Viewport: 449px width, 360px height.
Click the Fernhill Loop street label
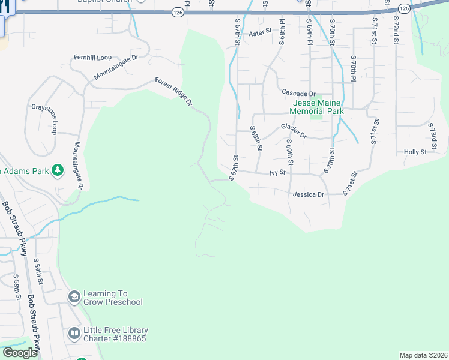(x=93, y=58)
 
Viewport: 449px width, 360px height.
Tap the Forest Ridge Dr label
(x=173, y=91)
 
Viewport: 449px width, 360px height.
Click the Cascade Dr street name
(x=298, y=94)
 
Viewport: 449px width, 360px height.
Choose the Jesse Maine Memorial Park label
(x=316, y=107)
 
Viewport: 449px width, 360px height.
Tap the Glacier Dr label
(x=294, y=131)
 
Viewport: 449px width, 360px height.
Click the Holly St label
(x=415, y=152)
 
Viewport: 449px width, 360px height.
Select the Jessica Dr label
(x=308, y=195)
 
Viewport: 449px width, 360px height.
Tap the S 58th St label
(x=18, y=288)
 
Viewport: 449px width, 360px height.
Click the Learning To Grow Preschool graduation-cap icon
(x=74, y=297)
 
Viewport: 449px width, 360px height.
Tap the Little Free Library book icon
(x=74, y=333)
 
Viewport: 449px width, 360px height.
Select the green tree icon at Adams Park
(x=58, y=171)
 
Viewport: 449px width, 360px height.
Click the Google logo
(x=20, y=353)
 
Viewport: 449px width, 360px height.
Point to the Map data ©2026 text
(x=423, y=355)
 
